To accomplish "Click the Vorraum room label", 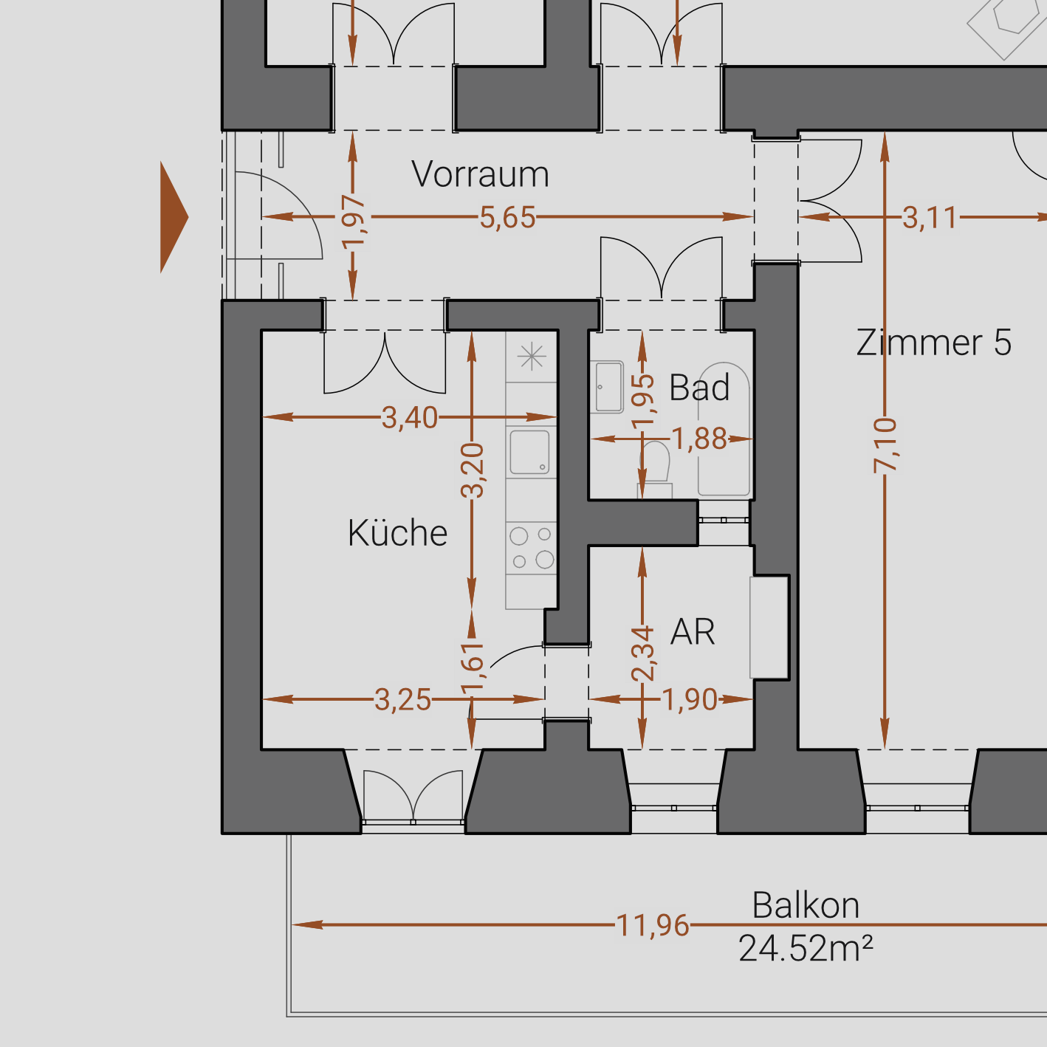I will point(480,175).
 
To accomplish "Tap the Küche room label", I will point(397,533).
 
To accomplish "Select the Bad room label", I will point(699,388).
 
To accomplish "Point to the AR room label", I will point(693,632).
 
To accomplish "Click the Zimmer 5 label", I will point(933,343).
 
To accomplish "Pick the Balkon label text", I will point(806,905).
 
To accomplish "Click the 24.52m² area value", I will point(806,949).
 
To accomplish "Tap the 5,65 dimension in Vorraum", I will point(507,218).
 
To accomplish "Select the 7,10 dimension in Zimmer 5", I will point(885,445).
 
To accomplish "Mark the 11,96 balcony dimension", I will point(653,925).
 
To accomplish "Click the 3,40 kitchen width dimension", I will point(410,418).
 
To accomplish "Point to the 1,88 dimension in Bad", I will point(699,439).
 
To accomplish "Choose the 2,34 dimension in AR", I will point(643,653).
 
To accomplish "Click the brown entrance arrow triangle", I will point(173,217).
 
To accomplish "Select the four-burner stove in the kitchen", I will point(531,547).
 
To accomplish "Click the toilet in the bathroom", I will point(655,465).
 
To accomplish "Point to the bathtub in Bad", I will point(724,428).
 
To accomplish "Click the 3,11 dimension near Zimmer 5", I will point(929,218).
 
